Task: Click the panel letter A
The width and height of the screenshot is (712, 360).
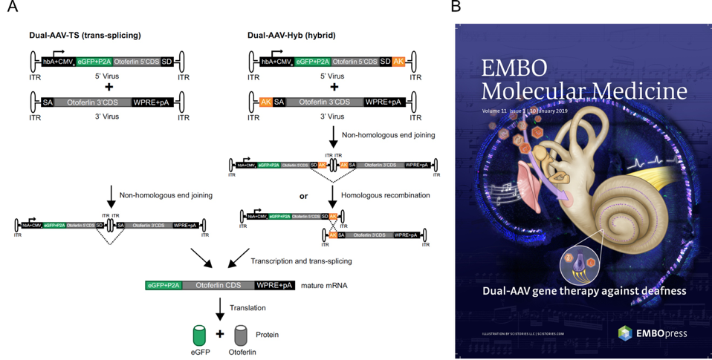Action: click(x=12, y=7)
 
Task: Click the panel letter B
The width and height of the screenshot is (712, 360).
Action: click(x=456, y=7)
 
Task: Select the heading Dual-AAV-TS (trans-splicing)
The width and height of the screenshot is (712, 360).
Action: click(x=85, y=35)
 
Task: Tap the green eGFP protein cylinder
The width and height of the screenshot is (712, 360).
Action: click(x=198, y=335)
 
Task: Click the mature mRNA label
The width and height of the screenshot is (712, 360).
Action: click(x=325, y=285)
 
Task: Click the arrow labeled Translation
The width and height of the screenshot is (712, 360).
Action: click(x=219, y=307)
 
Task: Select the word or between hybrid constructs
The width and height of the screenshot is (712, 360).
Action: click(x=303, y=196)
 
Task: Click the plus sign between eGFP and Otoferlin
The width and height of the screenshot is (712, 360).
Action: click(x=220, y=334)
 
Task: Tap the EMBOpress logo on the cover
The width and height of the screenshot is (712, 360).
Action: click(x=652, y=333)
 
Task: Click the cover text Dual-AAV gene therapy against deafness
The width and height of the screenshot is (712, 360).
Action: click(x=583, y=290)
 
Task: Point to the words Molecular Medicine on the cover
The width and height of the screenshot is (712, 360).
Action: click(x=583, y=91)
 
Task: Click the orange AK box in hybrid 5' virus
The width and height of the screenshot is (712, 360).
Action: click(x=398, y=62)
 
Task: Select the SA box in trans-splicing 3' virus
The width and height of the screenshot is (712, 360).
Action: click(x=48, y=102)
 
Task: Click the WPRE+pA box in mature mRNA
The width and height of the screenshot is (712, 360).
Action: click(x=274, y=285)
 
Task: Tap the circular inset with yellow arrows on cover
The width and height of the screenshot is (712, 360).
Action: click(x=580, y=264)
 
